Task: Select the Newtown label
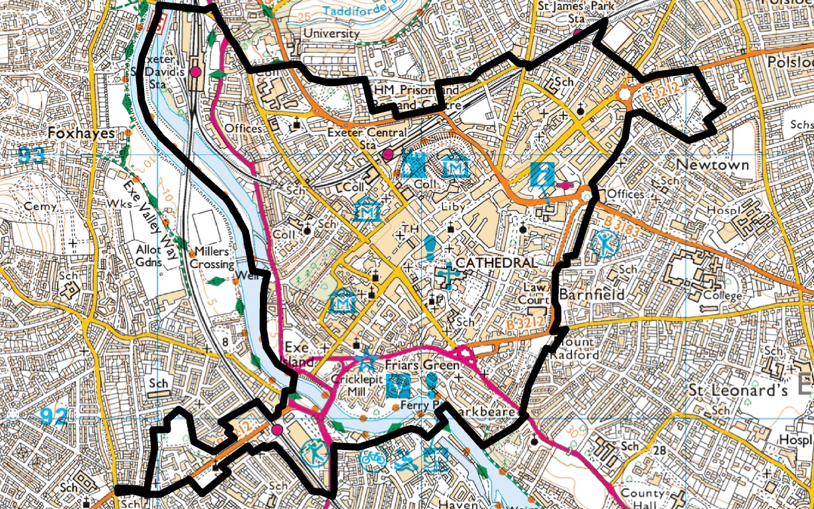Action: tap(712, 164)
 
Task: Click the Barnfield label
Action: tap(591, 293)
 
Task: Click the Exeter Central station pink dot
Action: tap(388, 154)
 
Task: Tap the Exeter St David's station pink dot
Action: tap(196, 71)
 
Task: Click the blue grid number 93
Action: tap(32, 156)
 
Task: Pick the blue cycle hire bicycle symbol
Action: tap(373, 457)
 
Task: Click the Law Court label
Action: tap(537, 294)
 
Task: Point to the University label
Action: tap(331, 33)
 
